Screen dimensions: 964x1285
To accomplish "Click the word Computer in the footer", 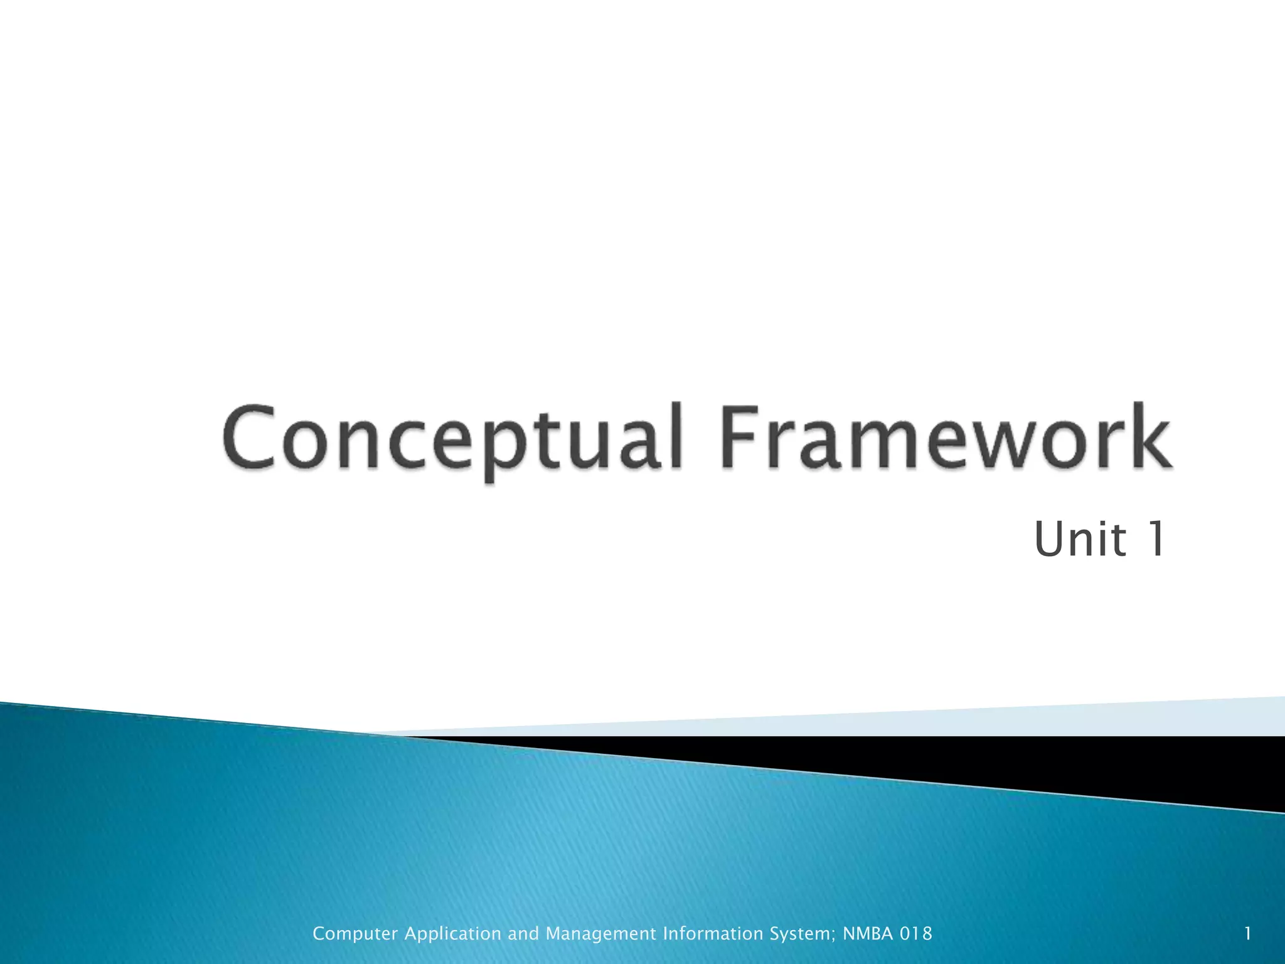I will (355, 934).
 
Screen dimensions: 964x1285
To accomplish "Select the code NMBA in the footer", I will (868, 934).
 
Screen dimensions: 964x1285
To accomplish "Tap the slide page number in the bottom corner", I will (1248, 934).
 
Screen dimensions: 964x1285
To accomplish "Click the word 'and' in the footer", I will (523, 934).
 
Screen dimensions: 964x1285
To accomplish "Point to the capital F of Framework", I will (739, 437).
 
